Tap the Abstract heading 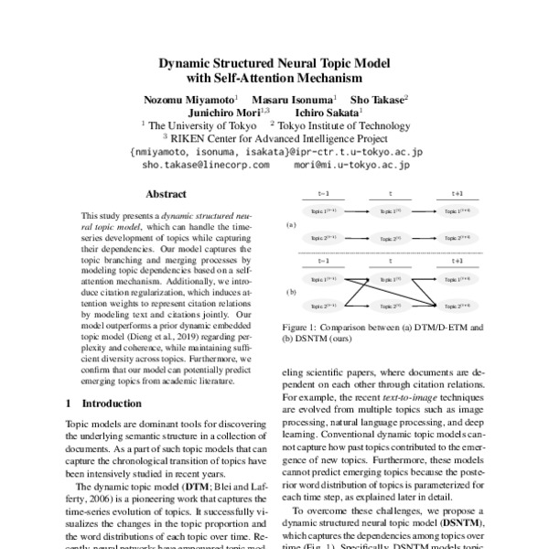coord(166,194)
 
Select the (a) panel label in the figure coord(291,223)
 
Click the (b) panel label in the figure coord(291,292)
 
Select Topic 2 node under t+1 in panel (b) coord(457,305)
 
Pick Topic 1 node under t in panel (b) coord(391,279)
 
